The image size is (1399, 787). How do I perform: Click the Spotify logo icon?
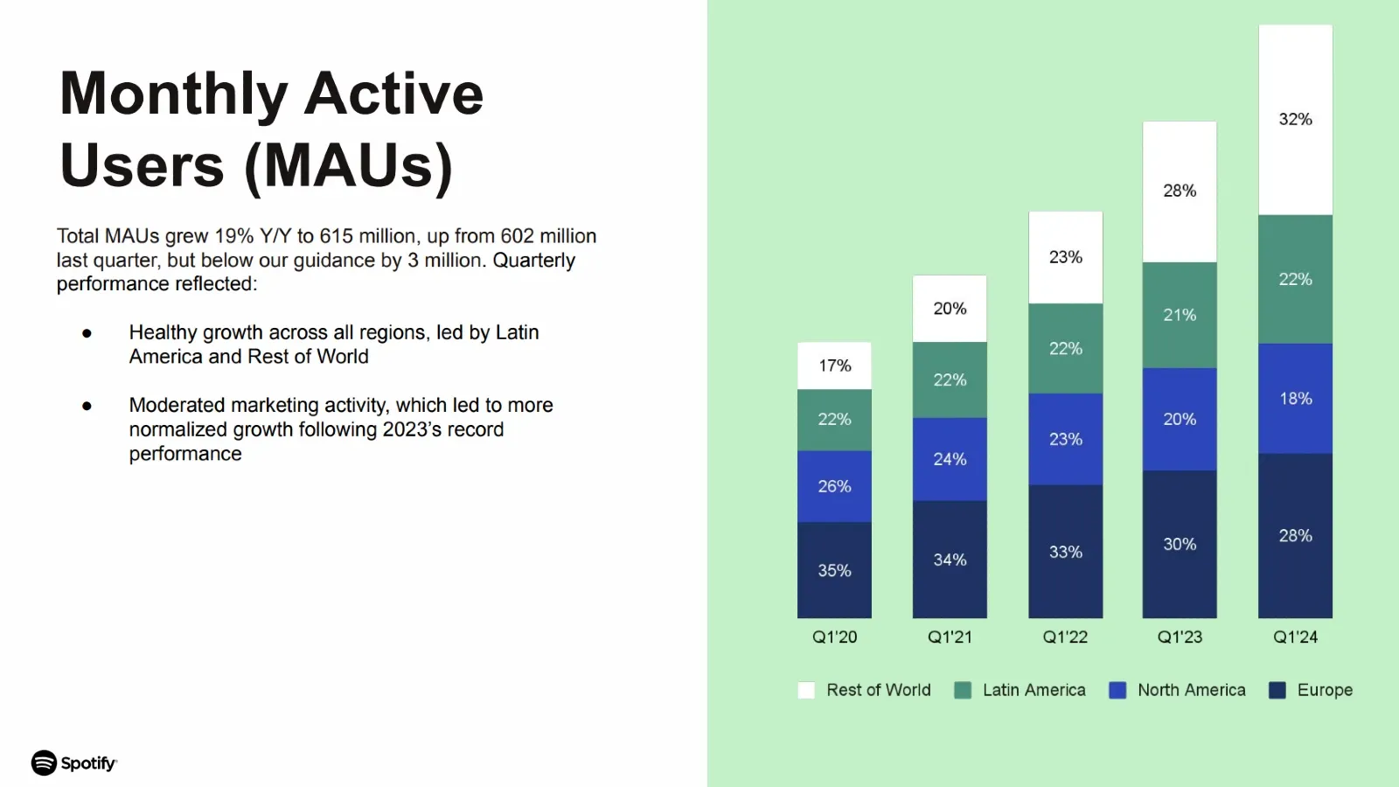click(x=44, y=763)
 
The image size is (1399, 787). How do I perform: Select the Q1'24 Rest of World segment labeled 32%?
click(x=1295, y=120)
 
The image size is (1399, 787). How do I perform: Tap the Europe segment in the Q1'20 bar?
click(x=834, y=570)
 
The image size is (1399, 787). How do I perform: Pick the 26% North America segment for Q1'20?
click(x=834, y=486)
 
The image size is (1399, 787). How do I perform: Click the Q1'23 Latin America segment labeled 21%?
click(x=1180, y=315)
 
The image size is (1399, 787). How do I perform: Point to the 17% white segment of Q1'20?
click(x=834, y=366)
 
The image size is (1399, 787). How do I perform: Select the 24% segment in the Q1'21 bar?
click(x=950, y=459)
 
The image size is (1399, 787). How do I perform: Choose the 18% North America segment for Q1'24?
click(x=1295, y=399)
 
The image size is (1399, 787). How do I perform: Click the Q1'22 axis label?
click(x=1065, y=637)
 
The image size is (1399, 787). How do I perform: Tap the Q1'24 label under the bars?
click(x=1295, y=637)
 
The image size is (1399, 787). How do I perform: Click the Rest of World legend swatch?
click(x=806, y=690)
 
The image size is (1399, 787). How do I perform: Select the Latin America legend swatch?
click(x=963, y=690)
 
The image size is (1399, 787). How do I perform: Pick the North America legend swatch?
click(x=1117, y=690)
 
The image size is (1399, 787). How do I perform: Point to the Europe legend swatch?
click(x=1277, y=690)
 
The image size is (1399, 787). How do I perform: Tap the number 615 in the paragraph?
click(x=337, y=236)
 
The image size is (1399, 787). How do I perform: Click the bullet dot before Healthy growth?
click(x=87, y=333)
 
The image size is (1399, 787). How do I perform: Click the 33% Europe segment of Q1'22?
click(x=1065, y=552)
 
